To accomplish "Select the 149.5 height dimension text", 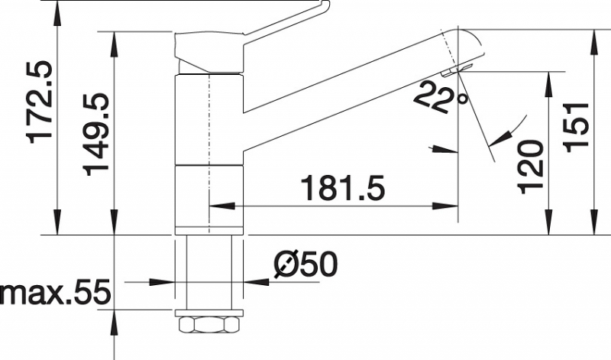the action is (x=95, y=135).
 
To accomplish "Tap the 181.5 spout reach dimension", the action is (x=344, y=188).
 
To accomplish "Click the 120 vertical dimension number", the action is (x=530, y=167).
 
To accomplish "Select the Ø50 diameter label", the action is (x=305, y=264).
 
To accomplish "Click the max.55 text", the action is (x=55, y=291).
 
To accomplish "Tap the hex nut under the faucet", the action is (x=209, y=326).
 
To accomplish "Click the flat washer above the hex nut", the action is (x=209, y=313).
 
